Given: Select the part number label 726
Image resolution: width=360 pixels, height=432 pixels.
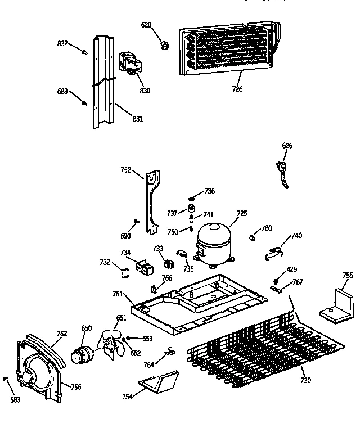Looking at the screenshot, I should pyautogui.click(x=237, y=89).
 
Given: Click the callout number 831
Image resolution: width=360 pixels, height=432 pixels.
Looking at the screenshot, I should pyautogui.click(x=137, y=119).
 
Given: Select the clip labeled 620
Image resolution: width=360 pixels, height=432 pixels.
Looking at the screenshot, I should pyautogui.click(x=165, y=44).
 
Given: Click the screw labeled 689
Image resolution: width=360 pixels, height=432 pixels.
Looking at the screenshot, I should pyautogui.click(x=85, y=103).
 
